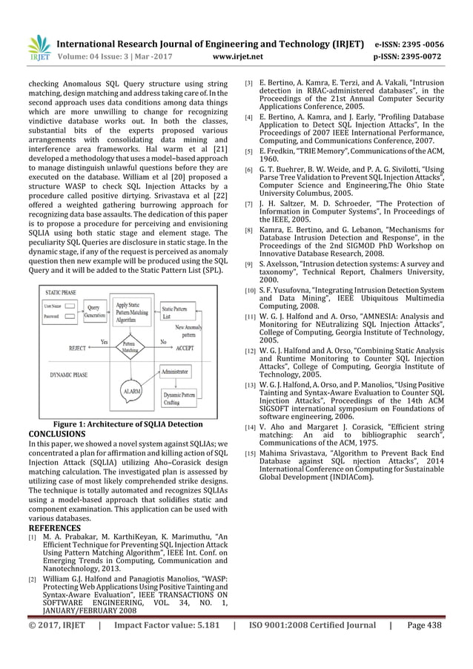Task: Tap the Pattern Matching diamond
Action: [130, 345]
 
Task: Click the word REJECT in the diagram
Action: [77, 347]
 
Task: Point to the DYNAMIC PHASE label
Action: [71, 375]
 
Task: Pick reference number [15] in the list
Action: [251, 453]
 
